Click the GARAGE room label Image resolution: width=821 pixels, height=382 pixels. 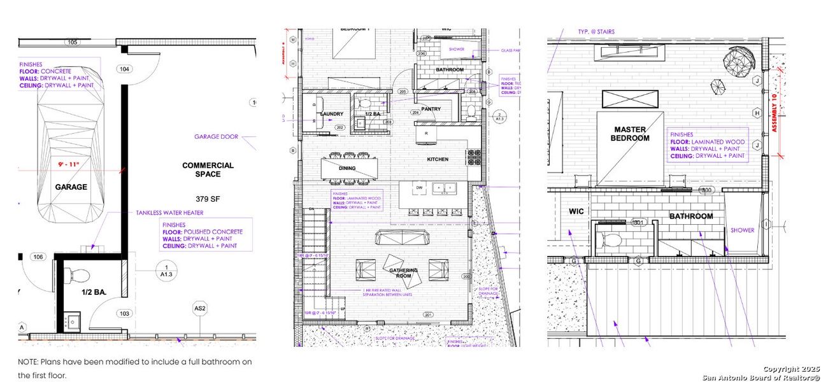pyautogui.click(x=71, y=187)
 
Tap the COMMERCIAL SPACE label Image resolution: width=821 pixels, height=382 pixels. pyautogui.click(x=208, y=169)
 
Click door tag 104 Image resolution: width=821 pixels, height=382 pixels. pyautogui.click(x=124, y=69)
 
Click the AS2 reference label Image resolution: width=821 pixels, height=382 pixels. pyautogui.click(x=200, y=309)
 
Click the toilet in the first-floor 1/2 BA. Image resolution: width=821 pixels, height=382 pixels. pyautogui.click(x=80, y=276)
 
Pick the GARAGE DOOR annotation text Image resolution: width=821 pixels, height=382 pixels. pyautogui.click(x=215, y=136)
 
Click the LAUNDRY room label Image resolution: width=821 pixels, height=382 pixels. pyautogui.click(x=332, y=115)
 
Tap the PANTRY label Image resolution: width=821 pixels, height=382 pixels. pyautogui.click(x=431, y=109)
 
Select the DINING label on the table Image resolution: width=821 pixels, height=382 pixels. pyautogui.click(x=346, y=168)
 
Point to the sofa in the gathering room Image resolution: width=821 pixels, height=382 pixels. pyautogui.click(x=401, y=238)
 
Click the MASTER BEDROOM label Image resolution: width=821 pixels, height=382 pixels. pyautogui.click(x=629, y=134)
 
